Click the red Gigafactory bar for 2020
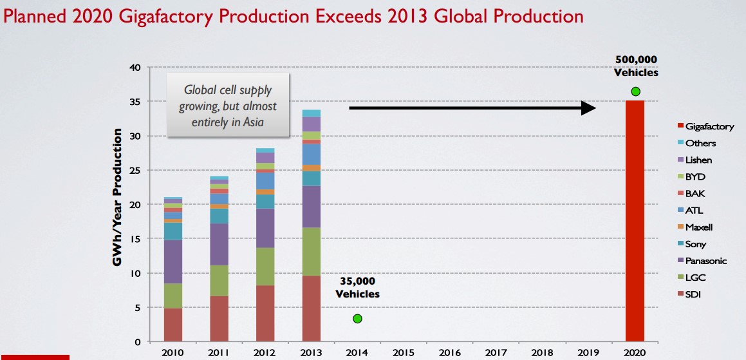(635, 219)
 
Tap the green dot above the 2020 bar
(636, 91)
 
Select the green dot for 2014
(357, 319)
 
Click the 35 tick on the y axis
(135, 102)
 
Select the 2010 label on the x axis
(173, 352)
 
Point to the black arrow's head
(589, 108)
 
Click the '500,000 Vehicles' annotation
(635, 66)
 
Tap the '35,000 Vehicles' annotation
(357, 288)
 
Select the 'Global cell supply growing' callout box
(228, 104)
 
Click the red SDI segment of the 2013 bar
(312, 308)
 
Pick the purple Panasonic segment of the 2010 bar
(173, 261)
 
